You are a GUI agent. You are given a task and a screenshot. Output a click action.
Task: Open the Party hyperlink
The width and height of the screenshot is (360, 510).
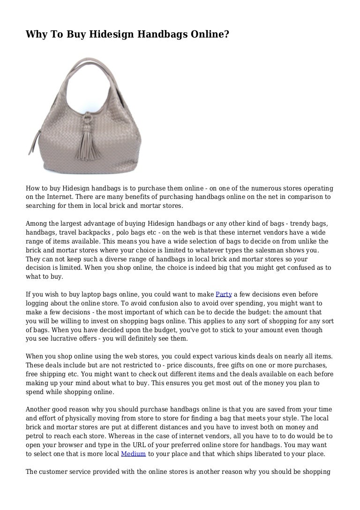point(224,294)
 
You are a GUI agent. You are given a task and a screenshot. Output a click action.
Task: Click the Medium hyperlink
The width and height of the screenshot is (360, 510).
point(134,454)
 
